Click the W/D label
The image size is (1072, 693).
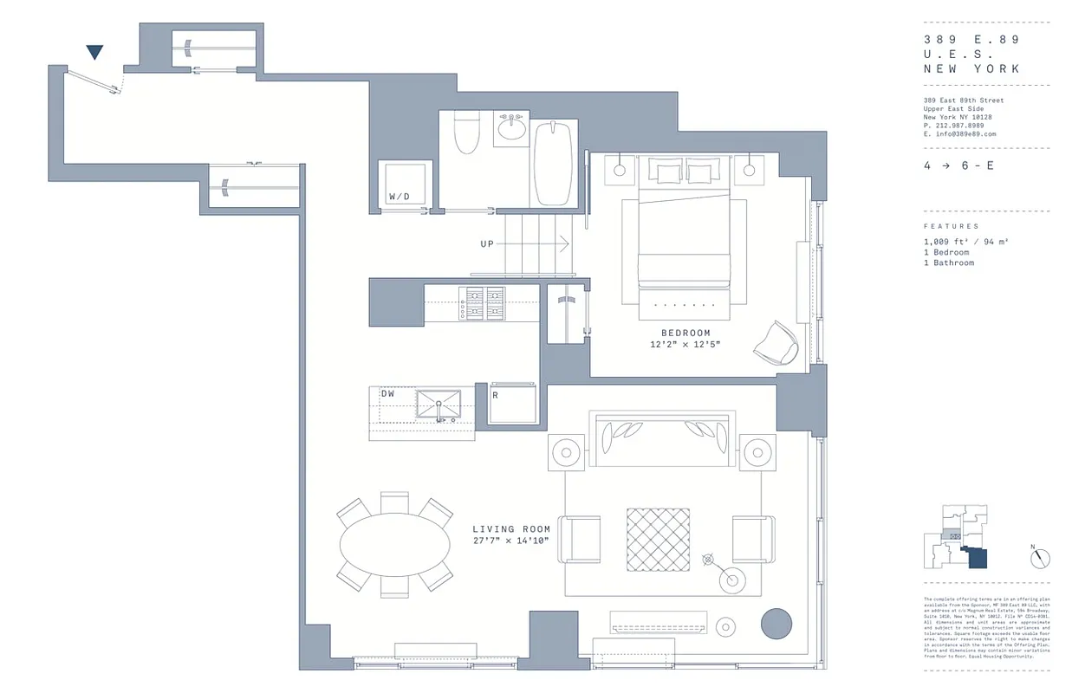(400, 197)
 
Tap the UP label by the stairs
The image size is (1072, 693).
(487, 244)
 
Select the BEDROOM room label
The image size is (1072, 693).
(685, 333)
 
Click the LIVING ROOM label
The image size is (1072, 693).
(505, 528)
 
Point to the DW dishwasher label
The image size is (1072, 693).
(387, 394)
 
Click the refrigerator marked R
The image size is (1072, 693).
(513, 404)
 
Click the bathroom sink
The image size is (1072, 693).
(512, 130)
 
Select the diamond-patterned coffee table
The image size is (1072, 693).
(658, 540)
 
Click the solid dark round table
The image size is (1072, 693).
(776, 624)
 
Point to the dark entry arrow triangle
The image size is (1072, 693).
(95, 52)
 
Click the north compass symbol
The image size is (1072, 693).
(1040, 558)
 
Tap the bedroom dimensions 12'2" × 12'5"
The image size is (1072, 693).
(685, 345)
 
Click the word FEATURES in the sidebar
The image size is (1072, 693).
(951, 226)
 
